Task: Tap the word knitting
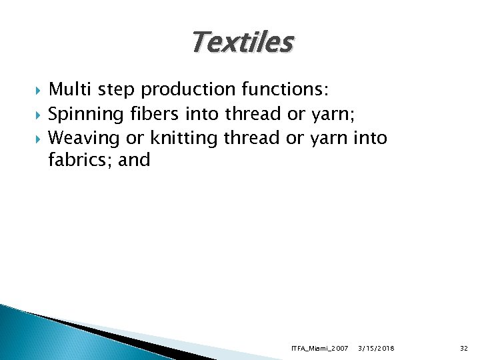pos(184,138)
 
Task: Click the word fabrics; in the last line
pos(79,160)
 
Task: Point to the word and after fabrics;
pos(134,160)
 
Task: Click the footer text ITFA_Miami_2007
pos(320,348)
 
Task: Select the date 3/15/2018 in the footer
pos(376,348)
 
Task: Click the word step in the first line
pos(115,90)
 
